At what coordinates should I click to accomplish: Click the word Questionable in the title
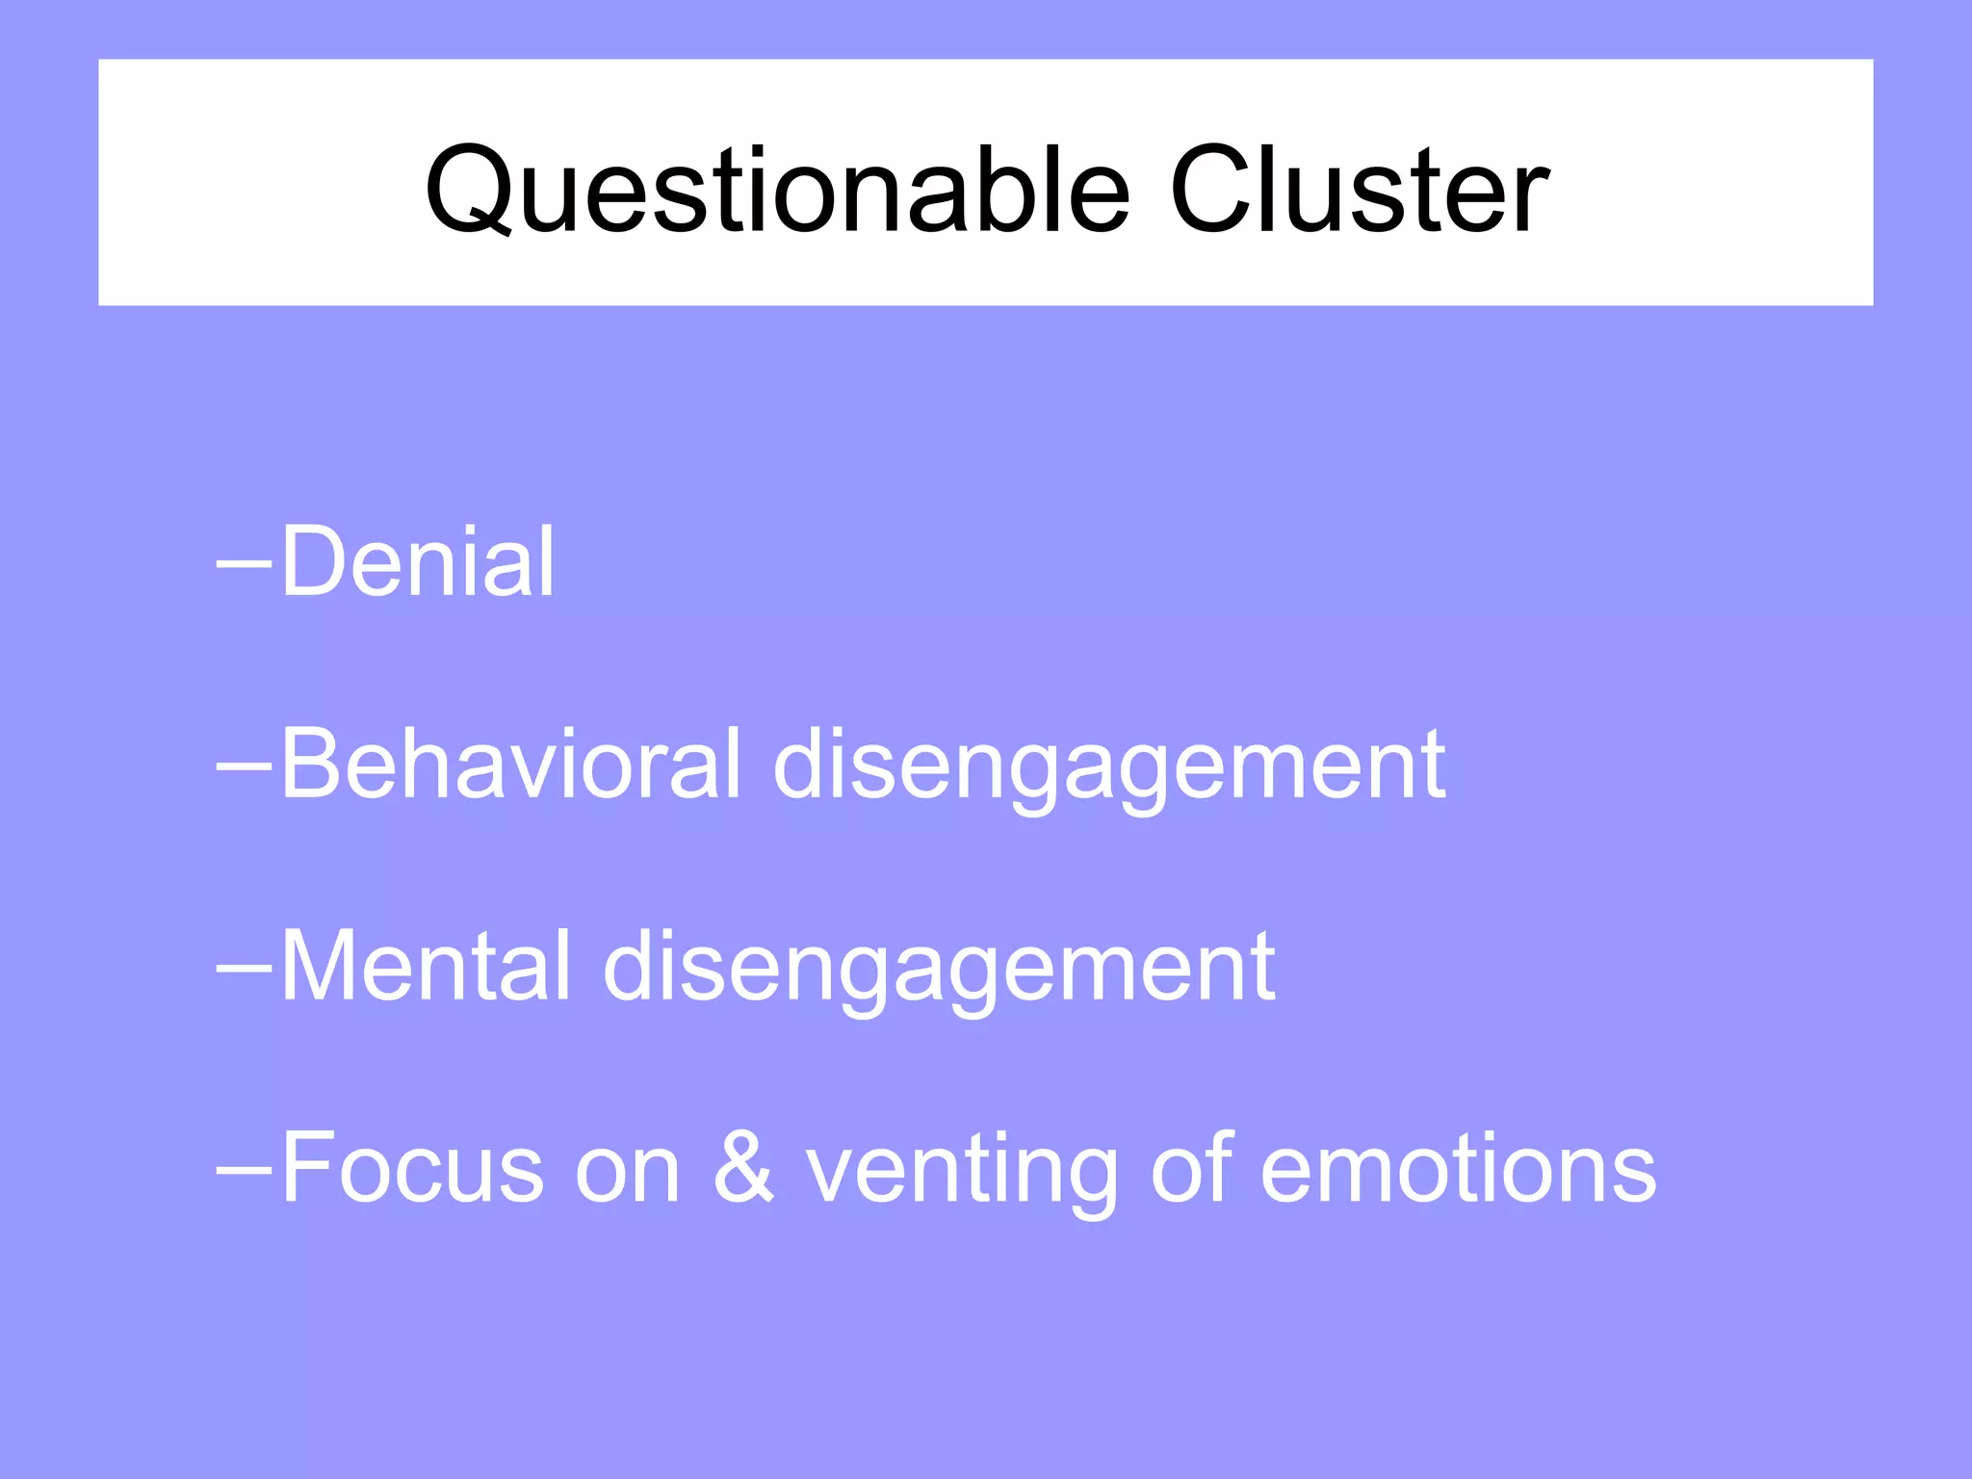click(776, 190)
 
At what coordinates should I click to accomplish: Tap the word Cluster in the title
click(1358, 190)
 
